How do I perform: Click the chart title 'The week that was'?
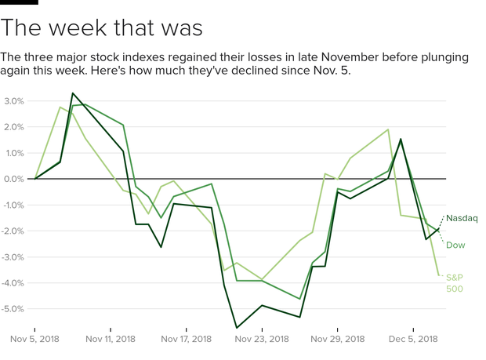pos(102,29)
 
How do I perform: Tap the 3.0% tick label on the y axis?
pos(13,101)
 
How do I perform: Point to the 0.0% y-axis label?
pos(13,179)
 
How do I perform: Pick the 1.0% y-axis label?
pos(13,153)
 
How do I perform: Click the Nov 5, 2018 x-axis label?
pos(35,339)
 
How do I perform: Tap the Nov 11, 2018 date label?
pos(111,339)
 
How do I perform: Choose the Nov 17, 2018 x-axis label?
pos(187,339)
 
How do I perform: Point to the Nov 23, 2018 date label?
pos(262,339)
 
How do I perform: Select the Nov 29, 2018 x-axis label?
pos(337,339)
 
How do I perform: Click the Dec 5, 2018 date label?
pos(413,339)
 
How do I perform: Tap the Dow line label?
pos(455,245)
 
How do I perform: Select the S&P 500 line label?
pos(455,282)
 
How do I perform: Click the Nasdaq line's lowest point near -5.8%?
pos(237,328)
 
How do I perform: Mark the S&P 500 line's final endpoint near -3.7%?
pos(439,275)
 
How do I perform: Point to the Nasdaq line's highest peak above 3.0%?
pos(72,93)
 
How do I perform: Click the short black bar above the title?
pos(19,2)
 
